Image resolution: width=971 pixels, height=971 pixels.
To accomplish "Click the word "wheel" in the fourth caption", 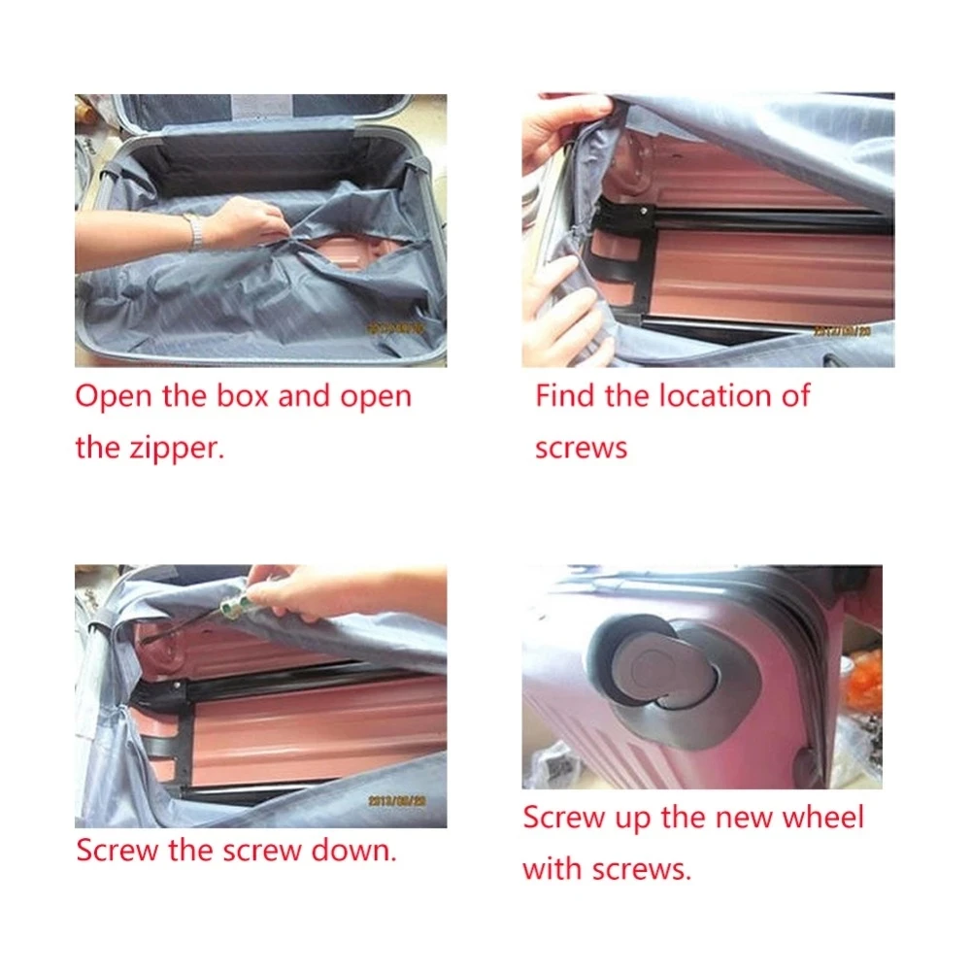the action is pyautogui.click(x=823, y=817).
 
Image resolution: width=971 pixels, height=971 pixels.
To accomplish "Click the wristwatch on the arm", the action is pyautogui.click(x=194, y=230).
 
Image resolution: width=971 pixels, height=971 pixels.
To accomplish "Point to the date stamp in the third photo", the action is pyautogui.click(x=397, y=801).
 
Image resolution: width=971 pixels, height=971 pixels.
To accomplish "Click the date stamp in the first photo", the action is pyautogui.click(x=395, y=328).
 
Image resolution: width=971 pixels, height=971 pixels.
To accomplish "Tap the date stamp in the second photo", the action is pyautogui.click(x=842, y=331).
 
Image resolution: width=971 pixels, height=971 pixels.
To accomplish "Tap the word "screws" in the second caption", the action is pyautogui.click(x=581, y=447).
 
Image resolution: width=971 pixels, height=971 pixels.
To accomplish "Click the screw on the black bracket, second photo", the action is pyautogui.click(x=645, y=212).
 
